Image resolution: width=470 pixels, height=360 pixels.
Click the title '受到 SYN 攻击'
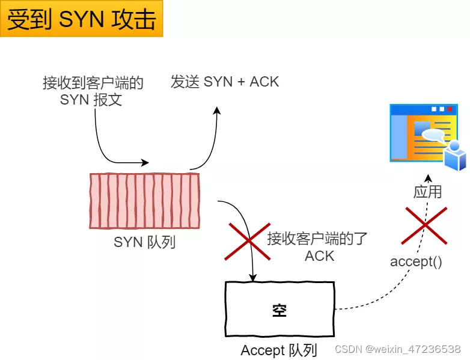[81, 19]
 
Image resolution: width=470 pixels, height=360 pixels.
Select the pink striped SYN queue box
[144, 201]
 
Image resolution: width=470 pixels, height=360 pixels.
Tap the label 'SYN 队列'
[144, 243]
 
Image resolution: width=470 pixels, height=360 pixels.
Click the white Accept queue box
[279, 310]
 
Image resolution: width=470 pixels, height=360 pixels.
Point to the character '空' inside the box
[279, 310]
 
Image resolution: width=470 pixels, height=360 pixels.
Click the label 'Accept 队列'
[278, 350]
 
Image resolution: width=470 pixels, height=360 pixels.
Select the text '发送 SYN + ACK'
[225, 82]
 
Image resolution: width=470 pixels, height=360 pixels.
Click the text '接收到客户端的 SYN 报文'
[93, 91]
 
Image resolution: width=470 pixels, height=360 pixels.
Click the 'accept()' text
[416, 261]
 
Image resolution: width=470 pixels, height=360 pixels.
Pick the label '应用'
[427, 192]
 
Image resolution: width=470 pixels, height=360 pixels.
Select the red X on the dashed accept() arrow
[426, 225]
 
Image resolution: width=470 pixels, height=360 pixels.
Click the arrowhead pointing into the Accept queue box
[253, 278]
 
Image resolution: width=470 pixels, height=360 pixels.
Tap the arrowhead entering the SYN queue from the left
[144, 162]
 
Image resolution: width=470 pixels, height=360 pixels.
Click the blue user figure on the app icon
[455, 156]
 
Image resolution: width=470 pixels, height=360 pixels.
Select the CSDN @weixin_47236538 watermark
[397, 349]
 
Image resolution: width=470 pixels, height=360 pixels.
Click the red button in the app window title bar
[450, 109]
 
